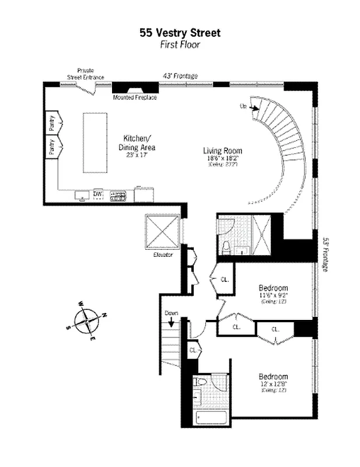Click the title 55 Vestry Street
pos(180,33)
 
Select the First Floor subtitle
pos(180,44)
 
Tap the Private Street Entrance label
pos(86,74)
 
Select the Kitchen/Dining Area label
pos(137,143)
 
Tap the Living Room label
pos(222,151)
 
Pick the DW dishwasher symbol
pos(98,193)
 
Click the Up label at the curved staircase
pos(243,106)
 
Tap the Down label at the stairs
pos(171,313)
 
